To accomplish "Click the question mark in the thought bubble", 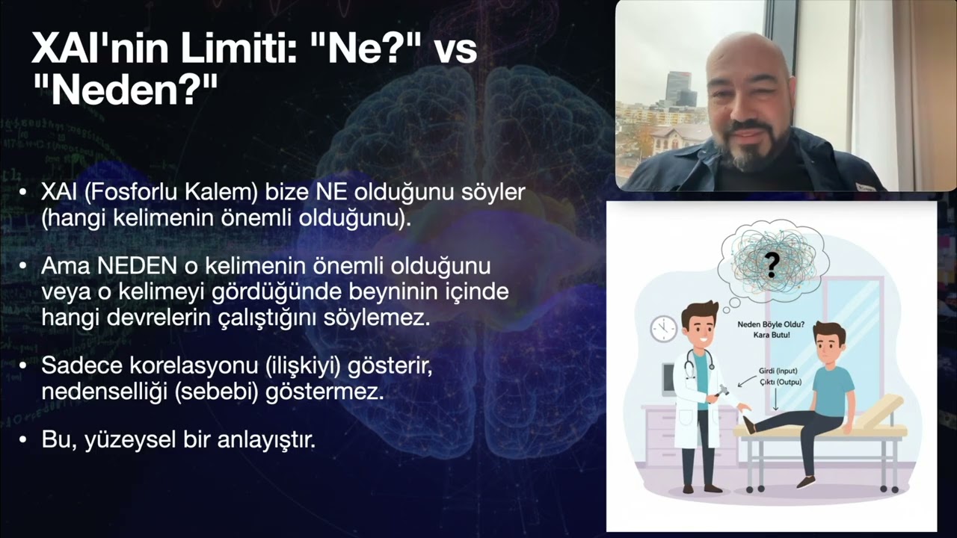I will (772, 263).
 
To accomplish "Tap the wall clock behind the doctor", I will (663, 329).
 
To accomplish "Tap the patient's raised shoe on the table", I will (748, 424).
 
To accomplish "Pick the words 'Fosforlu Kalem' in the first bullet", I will (171, 192).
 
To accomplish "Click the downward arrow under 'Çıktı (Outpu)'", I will (775, 400).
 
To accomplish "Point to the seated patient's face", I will (828, 344).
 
